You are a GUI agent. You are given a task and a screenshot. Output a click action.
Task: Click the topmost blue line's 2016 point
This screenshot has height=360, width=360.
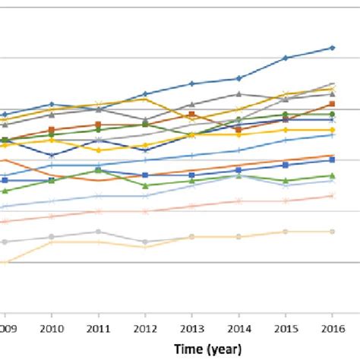pyautogui.click(x=332, y=48)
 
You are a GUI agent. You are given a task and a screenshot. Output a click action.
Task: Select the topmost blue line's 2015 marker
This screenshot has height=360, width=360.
pyautogui.click(x=286, y=58)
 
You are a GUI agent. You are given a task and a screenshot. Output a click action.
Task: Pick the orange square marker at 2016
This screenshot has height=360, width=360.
pyautogui.click(x=332, y=103)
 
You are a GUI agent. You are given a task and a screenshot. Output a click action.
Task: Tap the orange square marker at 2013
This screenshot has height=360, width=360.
pyautogui.click(x=191, y=115)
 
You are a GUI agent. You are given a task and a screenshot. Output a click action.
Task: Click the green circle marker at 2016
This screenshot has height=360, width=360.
pyautogui.click(x=332, y=114)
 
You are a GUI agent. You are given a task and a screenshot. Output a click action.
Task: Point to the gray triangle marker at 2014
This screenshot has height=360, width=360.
pyautogui.click(x=238, y=94)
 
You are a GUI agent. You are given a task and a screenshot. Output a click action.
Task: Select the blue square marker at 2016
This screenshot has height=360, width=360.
pyautogui.click(x=332, y=158)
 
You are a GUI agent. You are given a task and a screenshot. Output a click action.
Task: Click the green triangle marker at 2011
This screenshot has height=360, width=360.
pyautogui.click(x=98, y=170)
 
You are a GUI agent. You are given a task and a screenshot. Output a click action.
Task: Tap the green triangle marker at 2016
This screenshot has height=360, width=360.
pyautogui.click(x=332, y=176)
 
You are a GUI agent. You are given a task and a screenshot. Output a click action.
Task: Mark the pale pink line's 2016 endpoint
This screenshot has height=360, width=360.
pyautogui.click(x=332, y=195)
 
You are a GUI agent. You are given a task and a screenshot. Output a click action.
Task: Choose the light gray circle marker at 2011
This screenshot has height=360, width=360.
pyautogui.click(x=98, y=232)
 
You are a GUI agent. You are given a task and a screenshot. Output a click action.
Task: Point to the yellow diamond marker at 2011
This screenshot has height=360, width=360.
pyautogui.click(x=98, y=150)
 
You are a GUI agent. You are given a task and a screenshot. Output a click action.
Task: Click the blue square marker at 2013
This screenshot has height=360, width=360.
pyautogui.click(x=191, y=175)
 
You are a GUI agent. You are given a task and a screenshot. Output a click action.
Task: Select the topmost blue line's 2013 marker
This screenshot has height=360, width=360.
pyautogui.click(x=191, y=84)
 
